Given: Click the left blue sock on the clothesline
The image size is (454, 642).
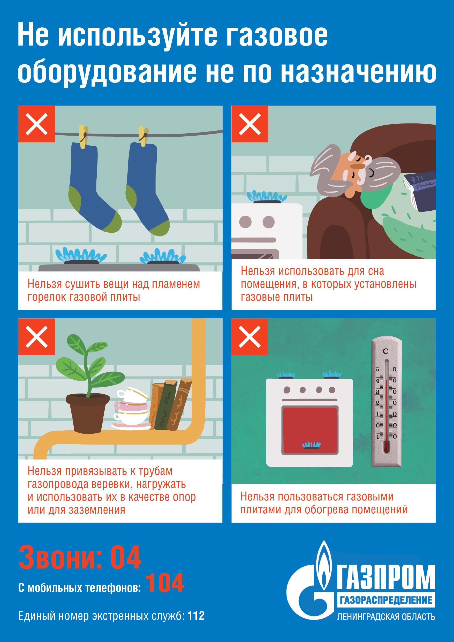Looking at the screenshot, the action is pos(89,185).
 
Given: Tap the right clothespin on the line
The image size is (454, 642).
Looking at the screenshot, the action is pos(143,137).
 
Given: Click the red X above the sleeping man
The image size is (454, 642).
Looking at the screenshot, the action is pos(250,124).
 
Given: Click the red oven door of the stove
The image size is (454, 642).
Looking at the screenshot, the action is pos(310,430).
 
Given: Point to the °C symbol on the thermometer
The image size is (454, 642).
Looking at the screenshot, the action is pos(385,351).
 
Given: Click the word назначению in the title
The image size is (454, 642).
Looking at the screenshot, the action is pos(358,72).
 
